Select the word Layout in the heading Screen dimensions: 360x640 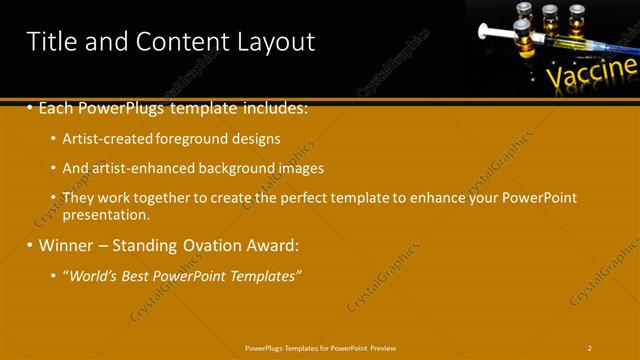tap(276, 42)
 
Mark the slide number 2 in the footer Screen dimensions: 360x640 tap(590, 348)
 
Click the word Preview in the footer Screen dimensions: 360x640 tap(383, 348)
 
